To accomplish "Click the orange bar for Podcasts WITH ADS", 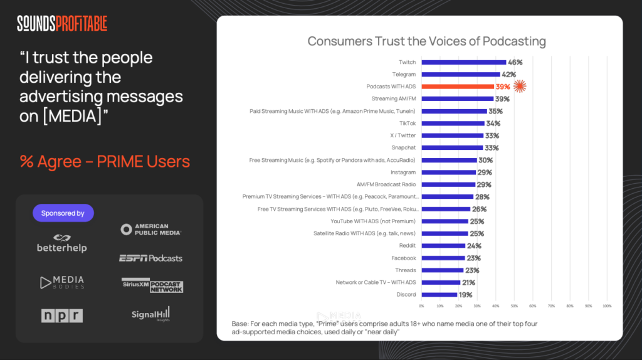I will (x=457, y=87).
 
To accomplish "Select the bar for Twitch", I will (x=463, y=62).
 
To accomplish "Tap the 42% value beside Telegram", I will (x=509, y=75).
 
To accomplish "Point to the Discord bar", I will (x=439, y=294).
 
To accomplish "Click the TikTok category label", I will (x=408, y=124).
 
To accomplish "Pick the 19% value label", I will (x=466, y=294).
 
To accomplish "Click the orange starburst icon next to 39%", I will (x=520, y=87).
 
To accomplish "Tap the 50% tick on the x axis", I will (x=514, y=305).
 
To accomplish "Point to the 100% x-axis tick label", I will (x=607, y=305).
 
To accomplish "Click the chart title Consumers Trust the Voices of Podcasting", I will (x=426, y=41).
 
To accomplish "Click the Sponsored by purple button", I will (x=63, y=213).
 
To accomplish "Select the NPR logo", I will (x=62, y=315).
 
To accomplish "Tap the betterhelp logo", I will (x=62, y=243).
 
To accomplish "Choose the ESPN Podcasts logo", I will (x=151, y=258).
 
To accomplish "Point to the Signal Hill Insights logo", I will (x=151, y=314).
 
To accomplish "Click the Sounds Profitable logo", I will (x=62, y=24).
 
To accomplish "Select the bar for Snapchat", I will (x=451, y=148).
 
